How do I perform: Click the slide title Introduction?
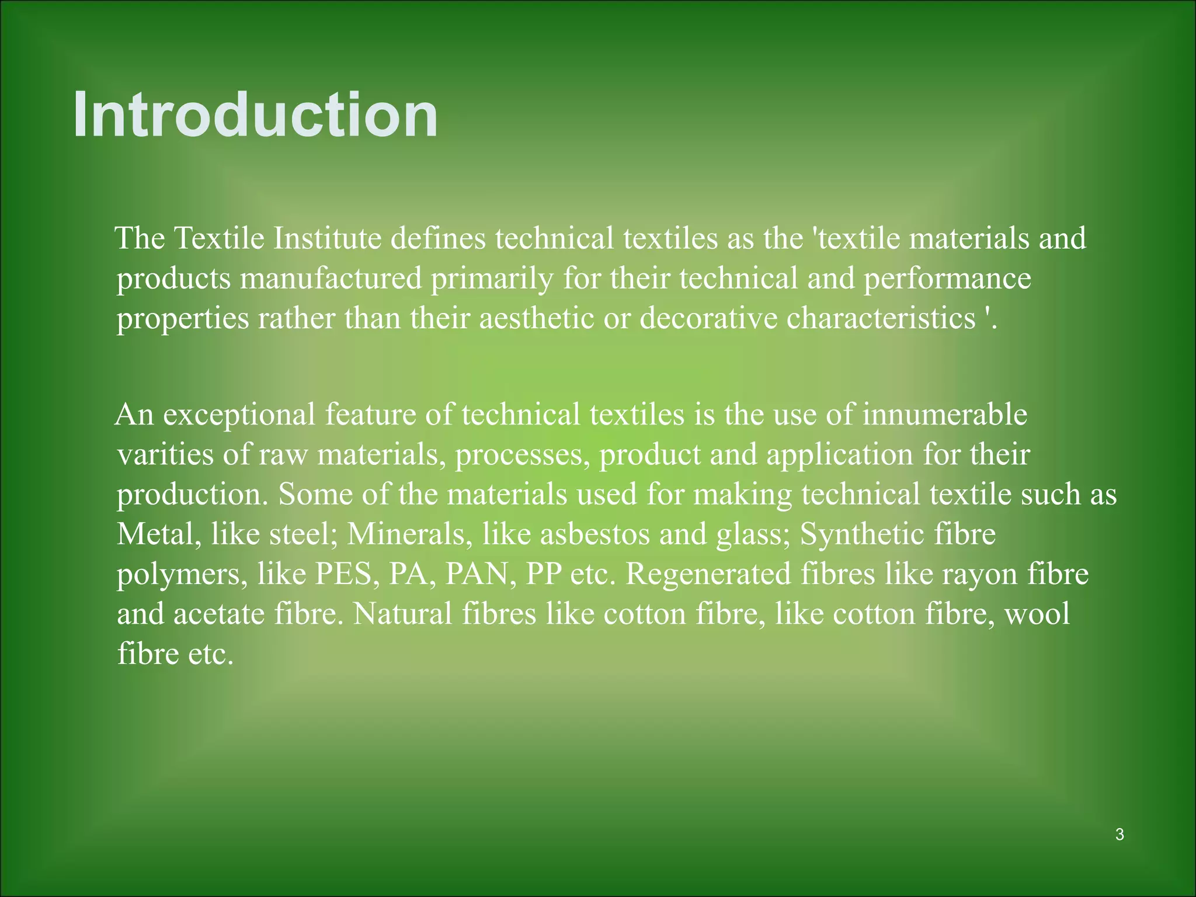[255, 114]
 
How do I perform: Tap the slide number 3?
[1119, 835]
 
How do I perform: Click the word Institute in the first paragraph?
[327, 238]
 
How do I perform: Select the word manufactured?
[331, 278]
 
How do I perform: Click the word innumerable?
[944, 415]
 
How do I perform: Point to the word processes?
[523, 455]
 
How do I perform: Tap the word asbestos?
[594, 534]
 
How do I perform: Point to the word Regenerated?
[708, 573]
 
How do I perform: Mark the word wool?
[1037, 614]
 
